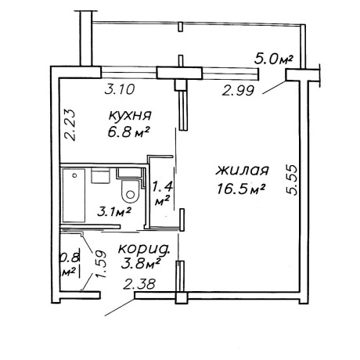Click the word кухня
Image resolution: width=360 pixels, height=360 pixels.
pos(130,116)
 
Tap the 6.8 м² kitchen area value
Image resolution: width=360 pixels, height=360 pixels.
pos(128,132)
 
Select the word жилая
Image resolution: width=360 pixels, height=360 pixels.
pos(242,171)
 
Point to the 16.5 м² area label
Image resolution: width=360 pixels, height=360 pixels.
pos(241,189)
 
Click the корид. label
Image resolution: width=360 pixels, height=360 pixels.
pos(144,249)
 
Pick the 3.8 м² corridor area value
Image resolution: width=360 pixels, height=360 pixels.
pos(140,265)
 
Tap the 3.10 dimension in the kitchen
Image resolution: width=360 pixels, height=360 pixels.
pos(120,90)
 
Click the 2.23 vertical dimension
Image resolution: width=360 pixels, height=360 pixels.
pos(70,124)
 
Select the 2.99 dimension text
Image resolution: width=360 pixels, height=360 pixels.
pos(238,91)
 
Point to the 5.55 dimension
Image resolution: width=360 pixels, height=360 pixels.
pos(291,180)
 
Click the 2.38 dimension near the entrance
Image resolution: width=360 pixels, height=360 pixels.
pos(139,284)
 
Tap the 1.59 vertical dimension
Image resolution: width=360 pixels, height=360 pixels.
pos(101,264)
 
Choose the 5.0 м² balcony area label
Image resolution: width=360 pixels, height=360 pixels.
pos(273,59)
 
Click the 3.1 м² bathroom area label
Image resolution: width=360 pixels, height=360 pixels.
pos(113,211)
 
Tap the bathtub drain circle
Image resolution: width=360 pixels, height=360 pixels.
pos(75,175)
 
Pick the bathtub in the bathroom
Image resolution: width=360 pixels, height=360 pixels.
pos(74,196)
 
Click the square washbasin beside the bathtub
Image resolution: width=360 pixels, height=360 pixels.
pos(100,176)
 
